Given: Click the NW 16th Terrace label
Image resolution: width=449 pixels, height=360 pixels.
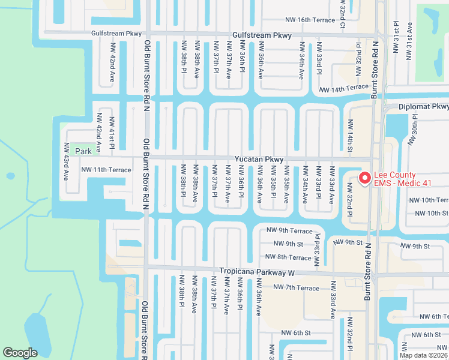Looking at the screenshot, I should pyautogui.click(x=310, y=20).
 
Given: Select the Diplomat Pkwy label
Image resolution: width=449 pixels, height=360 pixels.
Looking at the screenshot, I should pyautogui.click(x=424, y=107).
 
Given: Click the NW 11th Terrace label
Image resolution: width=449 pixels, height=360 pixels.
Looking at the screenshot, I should pyautogui.click(x=106, y=170).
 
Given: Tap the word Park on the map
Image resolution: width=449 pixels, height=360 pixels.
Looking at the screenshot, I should pyautogui.click(x=83, y=151).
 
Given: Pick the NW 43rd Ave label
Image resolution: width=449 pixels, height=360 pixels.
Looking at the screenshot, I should pyautogui.click(x=67, y=161).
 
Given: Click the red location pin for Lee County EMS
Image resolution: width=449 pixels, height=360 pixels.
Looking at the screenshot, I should pyautogui.click(x=364, y=178).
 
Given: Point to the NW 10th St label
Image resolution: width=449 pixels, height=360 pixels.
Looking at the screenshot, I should pyautogui.click(x=429, y=213).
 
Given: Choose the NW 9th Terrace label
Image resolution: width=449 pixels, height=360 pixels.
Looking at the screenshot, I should pyautogui.click(x=289, y=231).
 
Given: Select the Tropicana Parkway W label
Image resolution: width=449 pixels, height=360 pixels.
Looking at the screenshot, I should pyautogui.click(x=258, y=272).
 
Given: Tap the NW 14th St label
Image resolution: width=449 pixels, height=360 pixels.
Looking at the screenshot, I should pyautogui.click(x=351, y=133).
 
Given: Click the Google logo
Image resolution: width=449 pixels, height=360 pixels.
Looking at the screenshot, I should pyautogui.click(x=20, y=353).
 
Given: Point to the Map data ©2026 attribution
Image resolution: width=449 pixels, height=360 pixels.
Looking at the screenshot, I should pyautogui.click(x=423, y=355).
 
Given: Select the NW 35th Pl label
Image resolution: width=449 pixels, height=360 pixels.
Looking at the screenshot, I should pyautogui.click(x=273, y=187).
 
